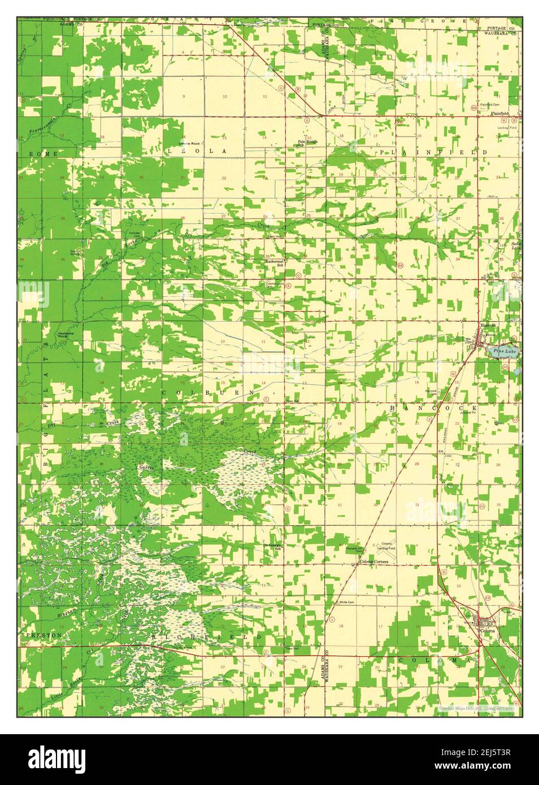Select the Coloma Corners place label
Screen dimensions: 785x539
[x=374, y=562]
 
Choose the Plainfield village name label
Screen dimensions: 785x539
[x=499, y=114]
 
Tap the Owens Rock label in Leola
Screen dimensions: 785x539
[x=189, y=143]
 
